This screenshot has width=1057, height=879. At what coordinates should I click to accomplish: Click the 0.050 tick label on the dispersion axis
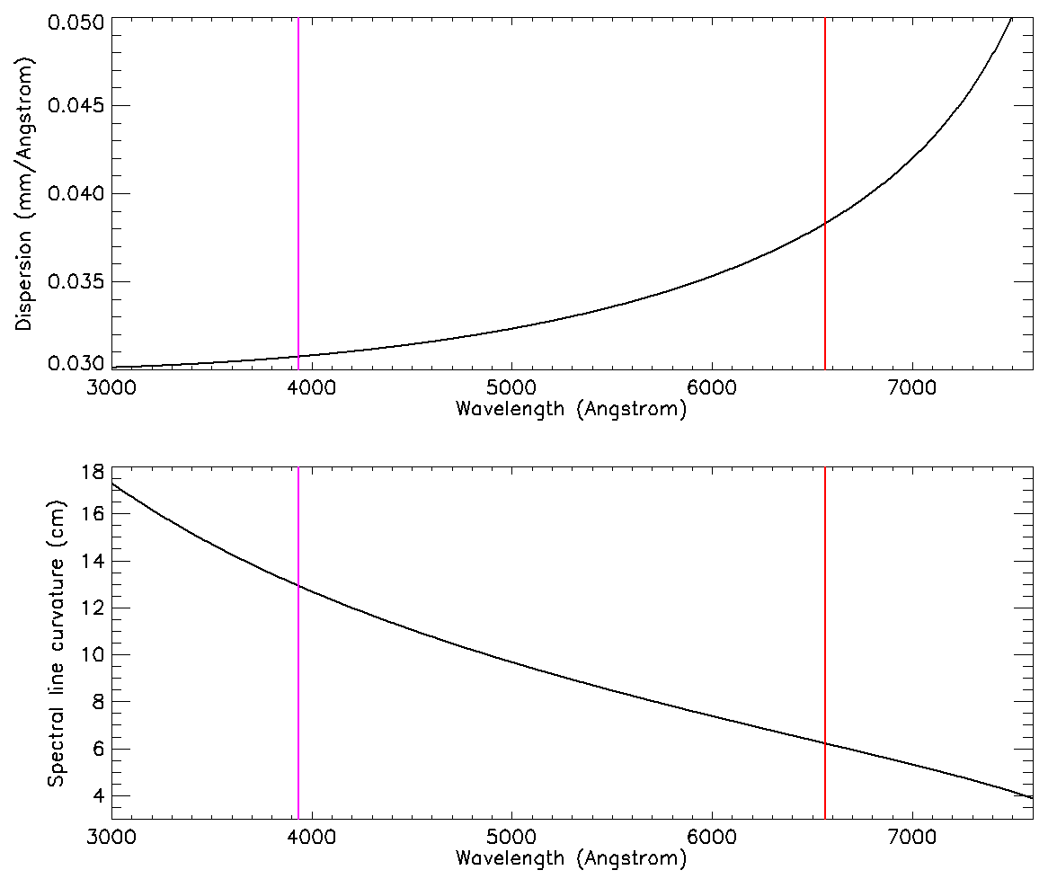76,21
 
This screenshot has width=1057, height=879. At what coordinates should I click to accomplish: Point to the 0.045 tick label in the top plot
76,106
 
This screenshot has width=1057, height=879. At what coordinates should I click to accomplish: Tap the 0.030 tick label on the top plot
76,364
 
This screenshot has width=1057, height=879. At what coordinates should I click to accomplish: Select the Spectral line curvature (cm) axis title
55,645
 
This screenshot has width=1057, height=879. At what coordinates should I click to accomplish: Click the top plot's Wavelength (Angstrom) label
571,410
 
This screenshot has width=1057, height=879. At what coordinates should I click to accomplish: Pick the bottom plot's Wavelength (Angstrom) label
571,858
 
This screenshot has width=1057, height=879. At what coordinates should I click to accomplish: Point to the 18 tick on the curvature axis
93,472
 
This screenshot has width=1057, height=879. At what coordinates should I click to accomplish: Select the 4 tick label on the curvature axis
97,796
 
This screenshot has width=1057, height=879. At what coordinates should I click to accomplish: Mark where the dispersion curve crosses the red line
825,224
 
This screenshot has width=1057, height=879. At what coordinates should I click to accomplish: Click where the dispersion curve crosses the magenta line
298,357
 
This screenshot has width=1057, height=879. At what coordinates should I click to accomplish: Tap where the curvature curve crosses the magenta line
298,587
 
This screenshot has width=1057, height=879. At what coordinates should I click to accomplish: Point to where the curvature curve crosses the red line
825,742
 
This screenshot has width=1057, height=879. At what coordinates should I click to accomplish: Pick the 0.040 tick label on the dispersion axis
76,194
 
